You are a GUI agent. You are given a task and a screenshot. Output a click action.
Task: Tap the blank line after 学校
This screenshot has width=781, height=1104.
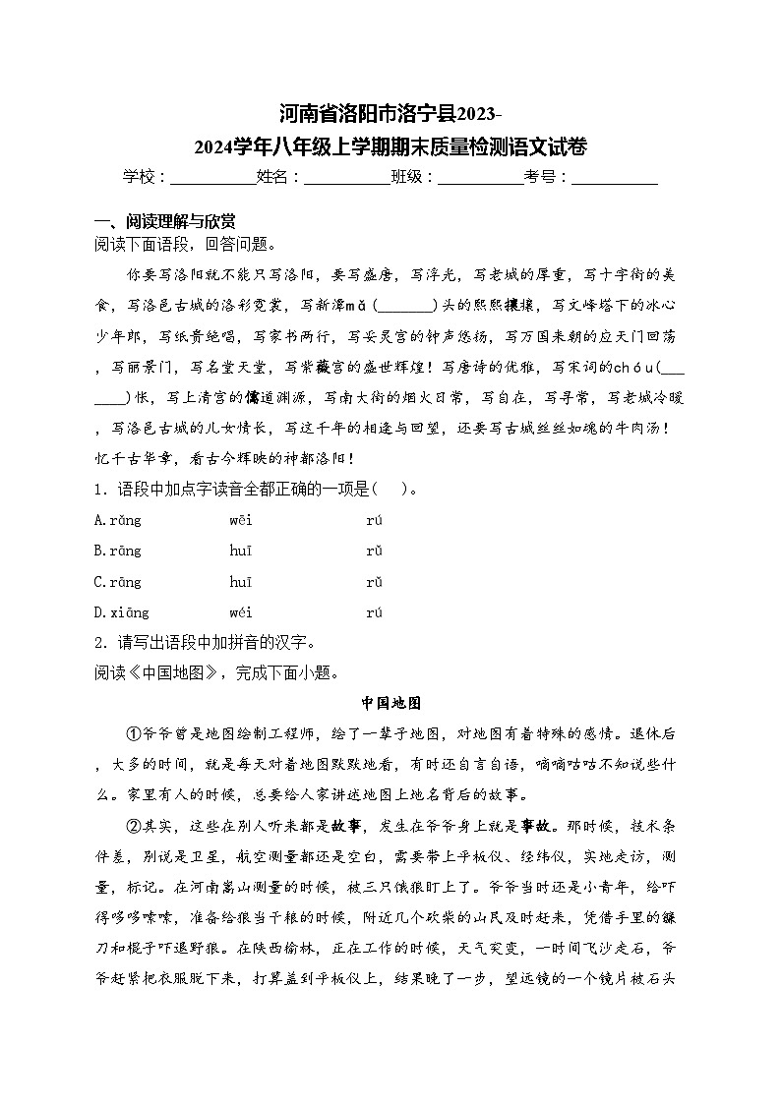point(212,178)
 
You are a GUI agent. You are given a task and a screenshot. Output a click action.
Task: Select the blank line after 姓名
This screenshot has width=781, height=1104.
point(347,178)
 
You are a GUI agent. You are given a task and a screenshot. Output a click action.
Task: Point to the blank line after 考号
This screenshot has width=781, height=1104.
point(615,178)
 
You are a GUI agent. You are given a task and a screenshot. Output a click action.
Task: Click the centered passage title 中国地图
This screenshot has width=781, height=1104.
point(390,703)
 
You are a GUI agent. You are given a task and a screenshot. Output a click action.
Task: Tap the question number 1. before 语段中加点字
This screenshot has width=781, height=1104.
point(99,490)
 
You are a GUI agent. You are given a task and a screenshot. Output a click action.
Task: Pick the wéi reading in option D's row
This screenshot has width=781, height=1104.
point(241,612)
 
